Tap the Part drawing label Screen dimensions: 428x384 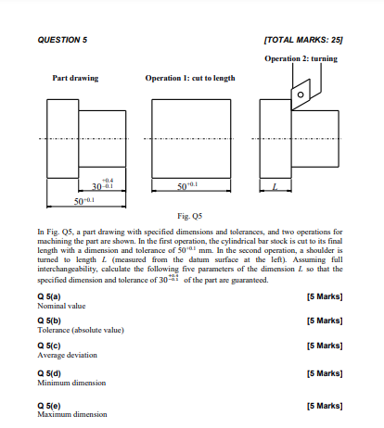point(75,78)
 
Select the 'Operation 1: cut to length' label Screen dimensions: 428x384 point(189,78)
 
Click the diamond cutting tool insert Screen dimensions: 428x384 point(301,94)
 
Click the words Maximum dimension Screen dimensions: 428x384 point(72,414)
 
